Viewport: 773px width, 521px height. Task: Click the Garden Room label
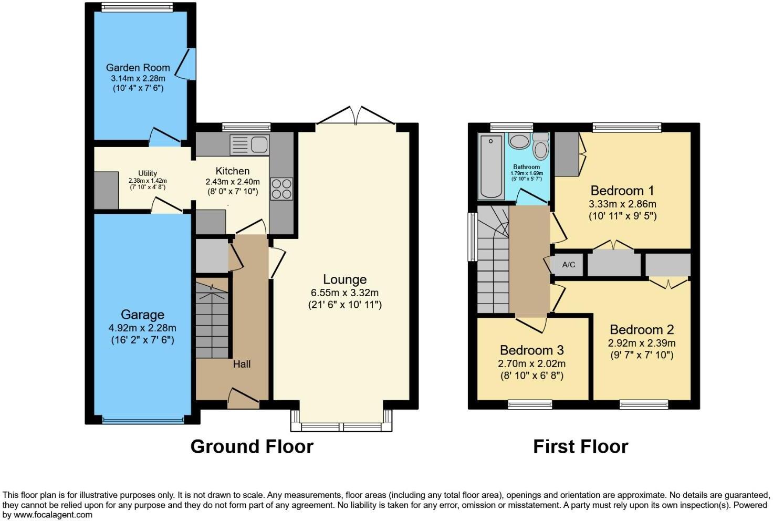coord(138,67)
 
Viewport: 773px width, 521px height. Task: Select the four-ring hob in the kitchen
coord(281,189)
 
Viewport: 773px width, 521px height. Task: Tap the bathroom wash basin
coord(520,141)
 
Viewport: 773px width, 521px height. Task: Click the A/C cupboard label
coord(569,265)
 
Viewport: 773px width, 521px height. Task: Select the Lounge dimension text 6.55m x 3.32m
coord(344,293)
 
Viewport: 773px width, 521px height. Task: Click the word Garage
coord(142,315)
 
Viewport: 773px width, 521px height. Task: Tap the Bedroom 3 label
coord(531,350)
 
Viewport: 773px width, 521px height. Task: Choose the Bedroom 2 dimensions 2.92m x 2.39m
coord(642,343)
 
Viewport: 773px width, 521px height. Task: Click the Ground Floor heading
coord(252,446)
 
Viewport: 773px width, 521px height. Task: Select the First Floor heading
coord(580,446)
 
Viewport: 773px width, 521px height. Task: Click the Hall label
coord(242,363)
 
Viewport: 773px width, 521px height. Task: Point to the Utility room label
coord(148,173)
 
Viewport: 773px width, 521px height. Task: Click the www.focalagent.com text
coord(53,515)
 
